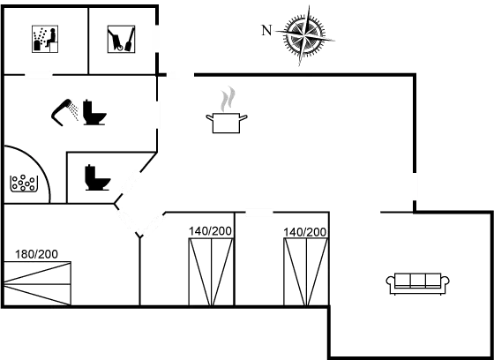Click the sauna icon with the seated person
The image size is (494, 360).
(45, 39)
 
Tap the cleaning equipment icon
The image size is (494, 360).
(122, 39)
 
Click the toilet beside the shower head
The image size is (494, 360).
(94, 113)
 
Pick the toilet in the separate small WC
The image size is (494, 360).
(97, 177)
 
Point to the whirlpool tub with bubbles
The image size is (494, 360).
(24, 184)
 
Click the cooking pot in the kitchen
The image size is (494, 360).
(226, 123)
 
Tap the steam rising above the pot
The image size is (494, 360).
(228, 99)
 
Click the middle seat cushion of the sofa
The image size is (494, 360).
(418, 280)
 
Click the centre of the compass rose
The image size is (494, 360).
(304, 35)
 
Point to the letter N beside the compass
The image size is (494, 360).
(266, 31)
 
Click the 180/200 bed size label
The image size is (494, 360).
(36, 254)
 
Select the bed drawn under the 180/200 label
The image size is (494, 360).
(37, 283)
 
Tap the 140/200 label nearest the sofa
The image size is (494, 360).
(304, 232)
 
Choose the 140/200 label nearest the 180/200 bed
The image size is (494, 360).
(210, 231)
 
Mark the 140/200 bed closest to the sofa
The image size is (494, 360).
(306, 272)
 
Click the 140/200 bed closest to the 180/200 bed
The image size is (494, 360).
(211, 272)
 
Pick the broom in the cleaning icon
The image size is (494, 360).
(130, 40)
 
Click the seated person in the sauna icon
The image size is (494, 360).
(51, 37)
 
